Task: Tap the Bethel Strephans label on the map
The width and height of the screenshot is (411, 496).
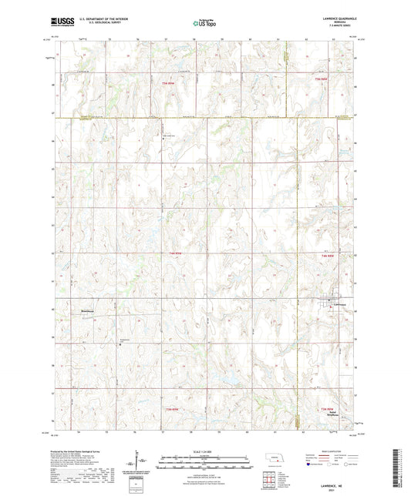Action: (x=332, y=413)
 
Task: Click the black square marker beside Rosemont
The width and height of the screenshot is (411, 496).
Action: (x=120, y=344)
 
